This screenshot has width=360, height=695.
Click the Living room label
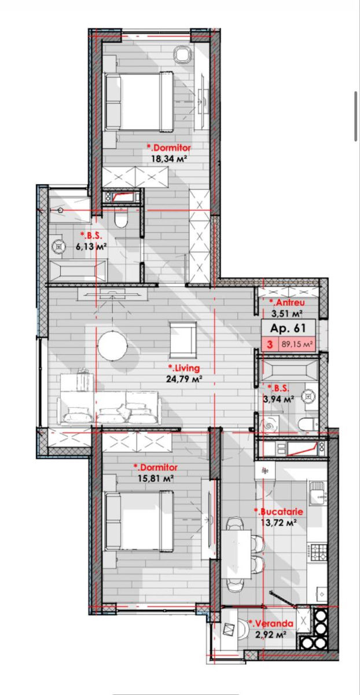pos(184,368)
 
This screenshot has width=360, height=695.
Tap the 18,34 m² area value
pos(169,159)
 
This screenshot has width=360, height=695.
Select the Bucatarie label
pos(278,511)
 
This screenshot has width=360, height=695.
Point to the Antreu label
pos(287,302)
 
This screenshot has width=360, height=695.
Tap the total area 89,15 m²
pos(297,344)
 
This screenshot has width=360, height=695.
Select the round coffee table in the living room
pos(112,345)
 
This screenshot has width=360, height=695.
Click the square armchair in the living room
pos(183,340)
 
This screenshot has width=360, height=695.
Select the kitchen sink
pos(318,493)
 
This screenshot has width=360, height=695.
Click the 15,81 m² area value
pos(155,478)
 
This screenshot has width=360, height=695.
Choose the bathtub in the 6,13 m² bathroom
pos(78,270)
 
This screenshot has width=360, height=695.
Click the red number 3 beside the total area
pos(270,344)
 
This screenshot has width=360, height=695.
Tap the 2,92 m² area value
pos(271,635)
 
